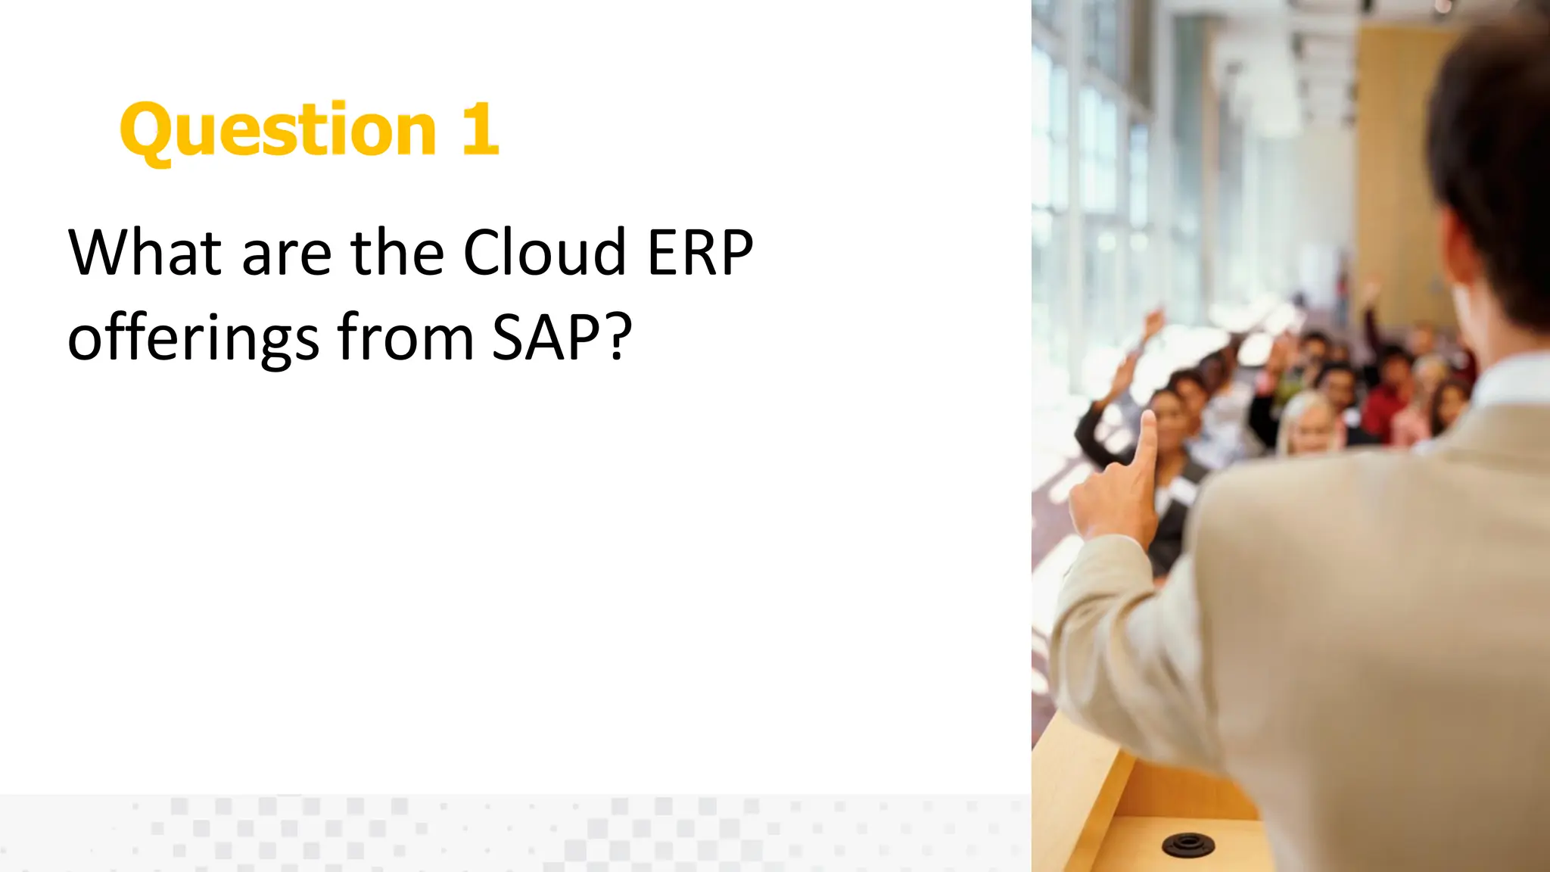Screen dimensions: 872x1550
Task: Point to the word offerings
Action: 193,338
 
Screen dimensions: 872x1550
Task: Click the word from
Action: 406,338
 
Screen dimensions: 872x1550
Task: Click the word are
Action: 286,254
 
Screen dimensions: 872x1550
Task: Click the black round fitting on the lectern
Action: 1187,843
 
